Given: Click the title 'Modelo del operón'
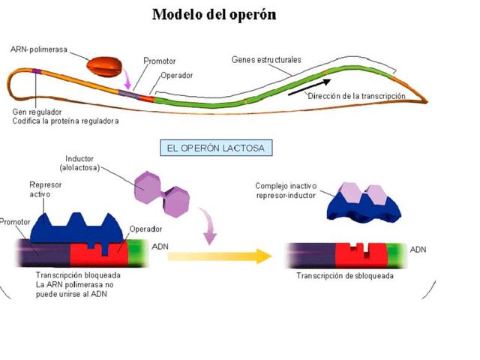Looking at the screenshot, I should click(214, 14).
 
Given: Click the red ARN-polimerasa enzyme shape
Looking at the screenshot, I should click(103, 67).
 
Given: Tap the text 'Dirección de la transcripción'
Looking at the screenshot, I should click(356, 96).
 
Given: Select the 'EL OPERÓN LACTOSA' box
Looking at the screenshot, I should click(216, 147).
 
